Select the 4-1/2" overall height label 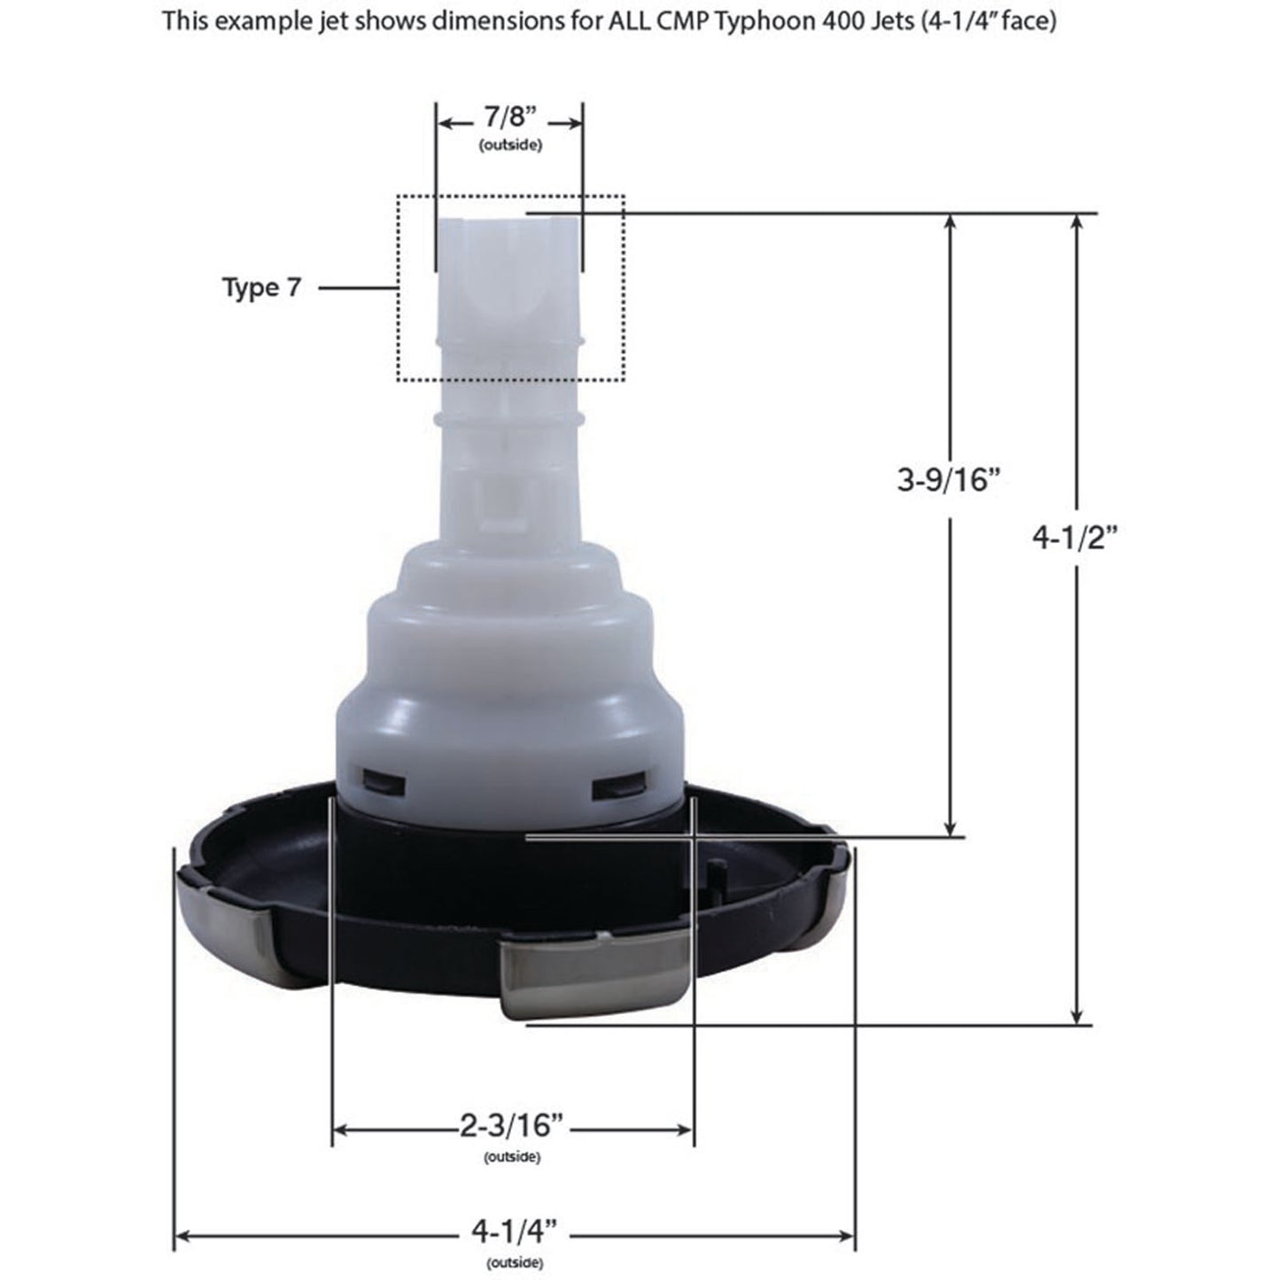click(x=1077, y=537)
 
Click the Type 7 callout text click(x=261, y=287)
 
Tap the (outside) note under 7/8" click(x=509, y=144)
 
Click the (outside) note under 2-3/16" click(x=512, y=1157)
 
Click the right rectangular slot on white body click(x=619, y=785)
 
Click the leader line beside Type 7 click(x=356, y=287)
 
